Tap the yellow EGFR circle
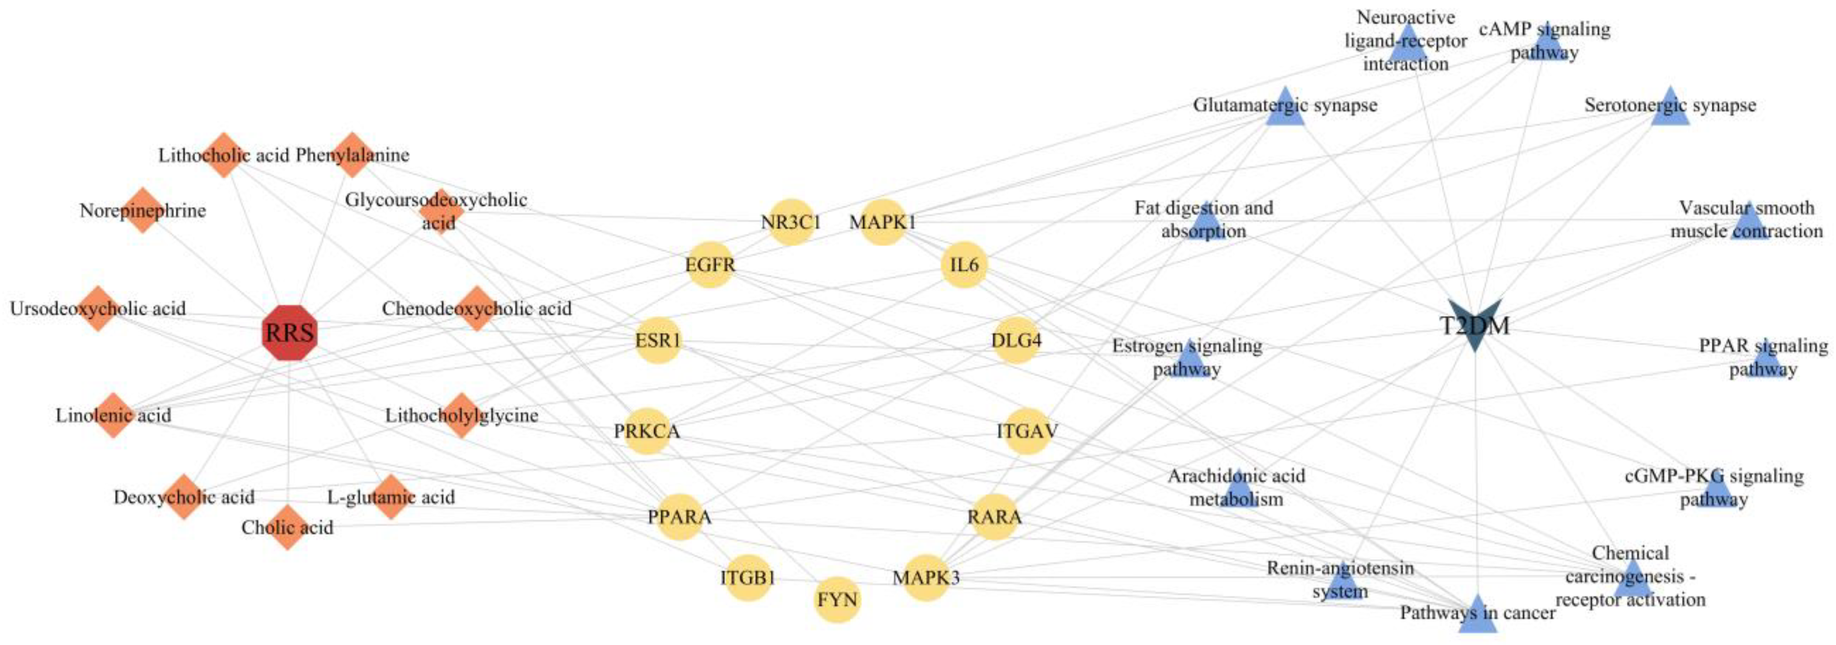[x=710, y=265]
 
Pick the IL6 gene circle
[x=964, y=265]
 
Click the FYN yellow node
[x=837, y=600]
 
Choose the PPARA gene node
[x=679, y=517]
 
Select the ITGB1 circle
[x=748, y=577]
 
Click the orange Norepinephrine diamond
[x=143, y=210]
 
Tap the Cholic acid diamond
[x=287, y=527]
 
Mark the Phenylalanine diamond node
[x=353, y=154]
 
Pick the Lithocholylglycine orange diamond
[x=462, y=415]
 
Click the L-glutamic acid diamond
[x=391, y=497]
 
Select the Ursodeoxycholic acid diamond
[x=97, y=308]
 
